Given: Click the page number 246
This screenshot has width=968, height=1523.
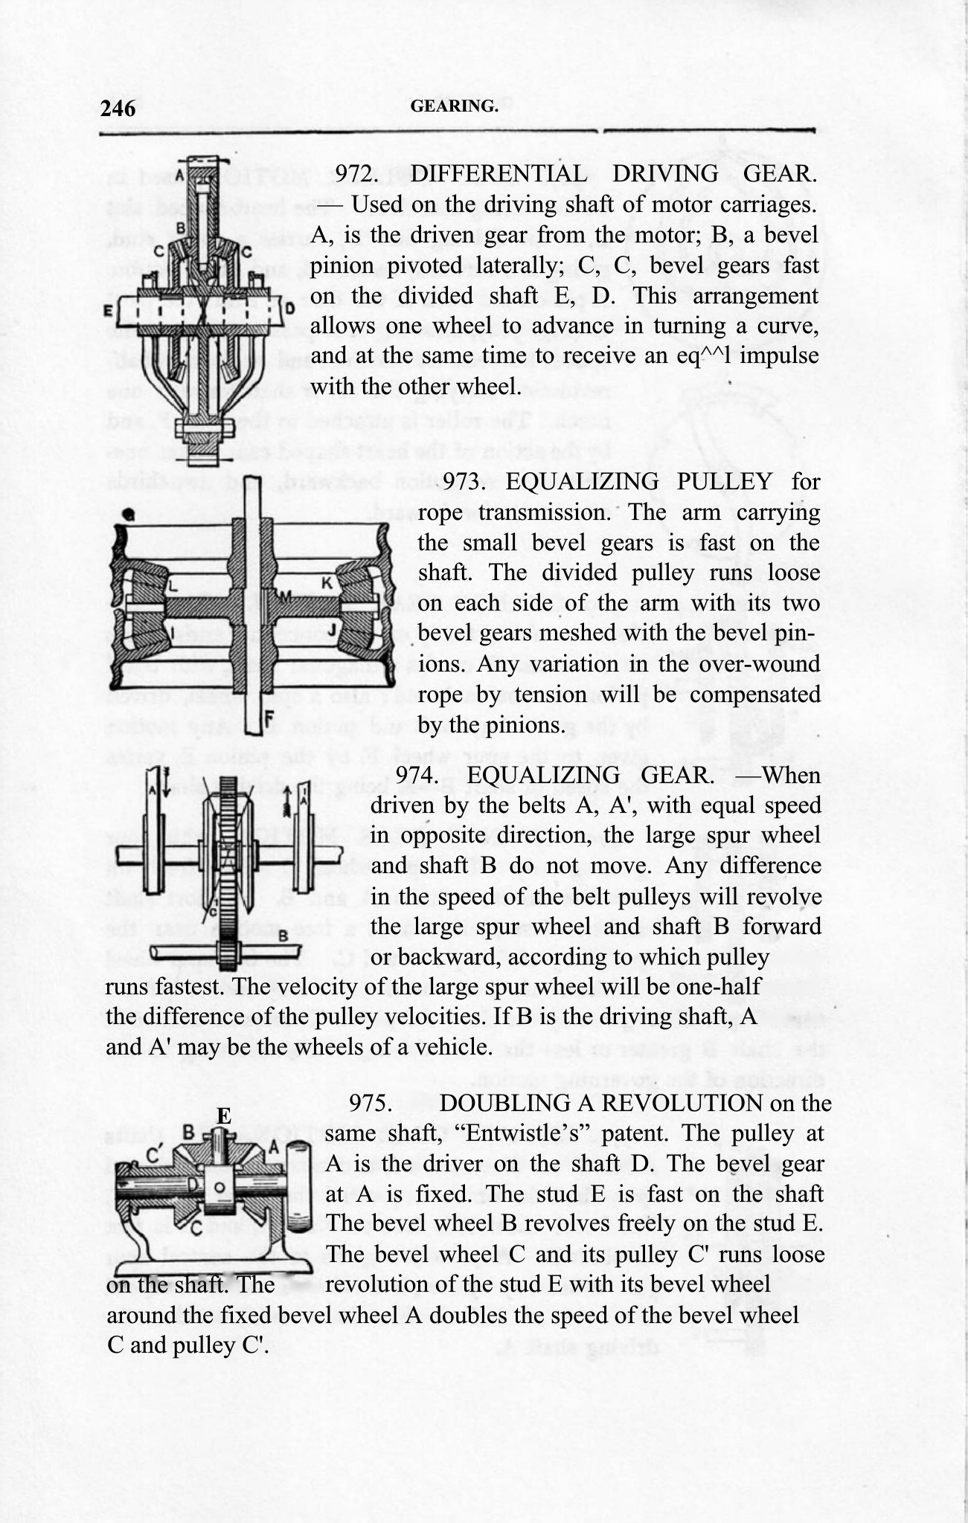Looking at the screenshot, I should click(x=118, y=109).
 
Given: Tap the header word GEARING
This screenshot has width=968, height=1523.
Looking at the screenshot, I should click(x=454, y=106).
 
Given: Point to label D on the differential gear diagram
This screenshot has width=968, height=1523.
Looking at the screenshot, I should click(x=290, y=307).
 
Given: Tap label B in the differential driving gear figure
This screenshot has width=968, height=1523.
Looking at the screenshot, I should click(x=181, y=228).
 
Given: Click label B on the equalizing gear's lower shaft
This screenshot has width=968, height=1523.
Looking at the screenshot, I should click(x=283, y=936).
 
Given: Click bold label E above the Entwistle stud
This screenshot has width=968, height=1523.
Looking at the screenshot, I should click(x=223, y=1115).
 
